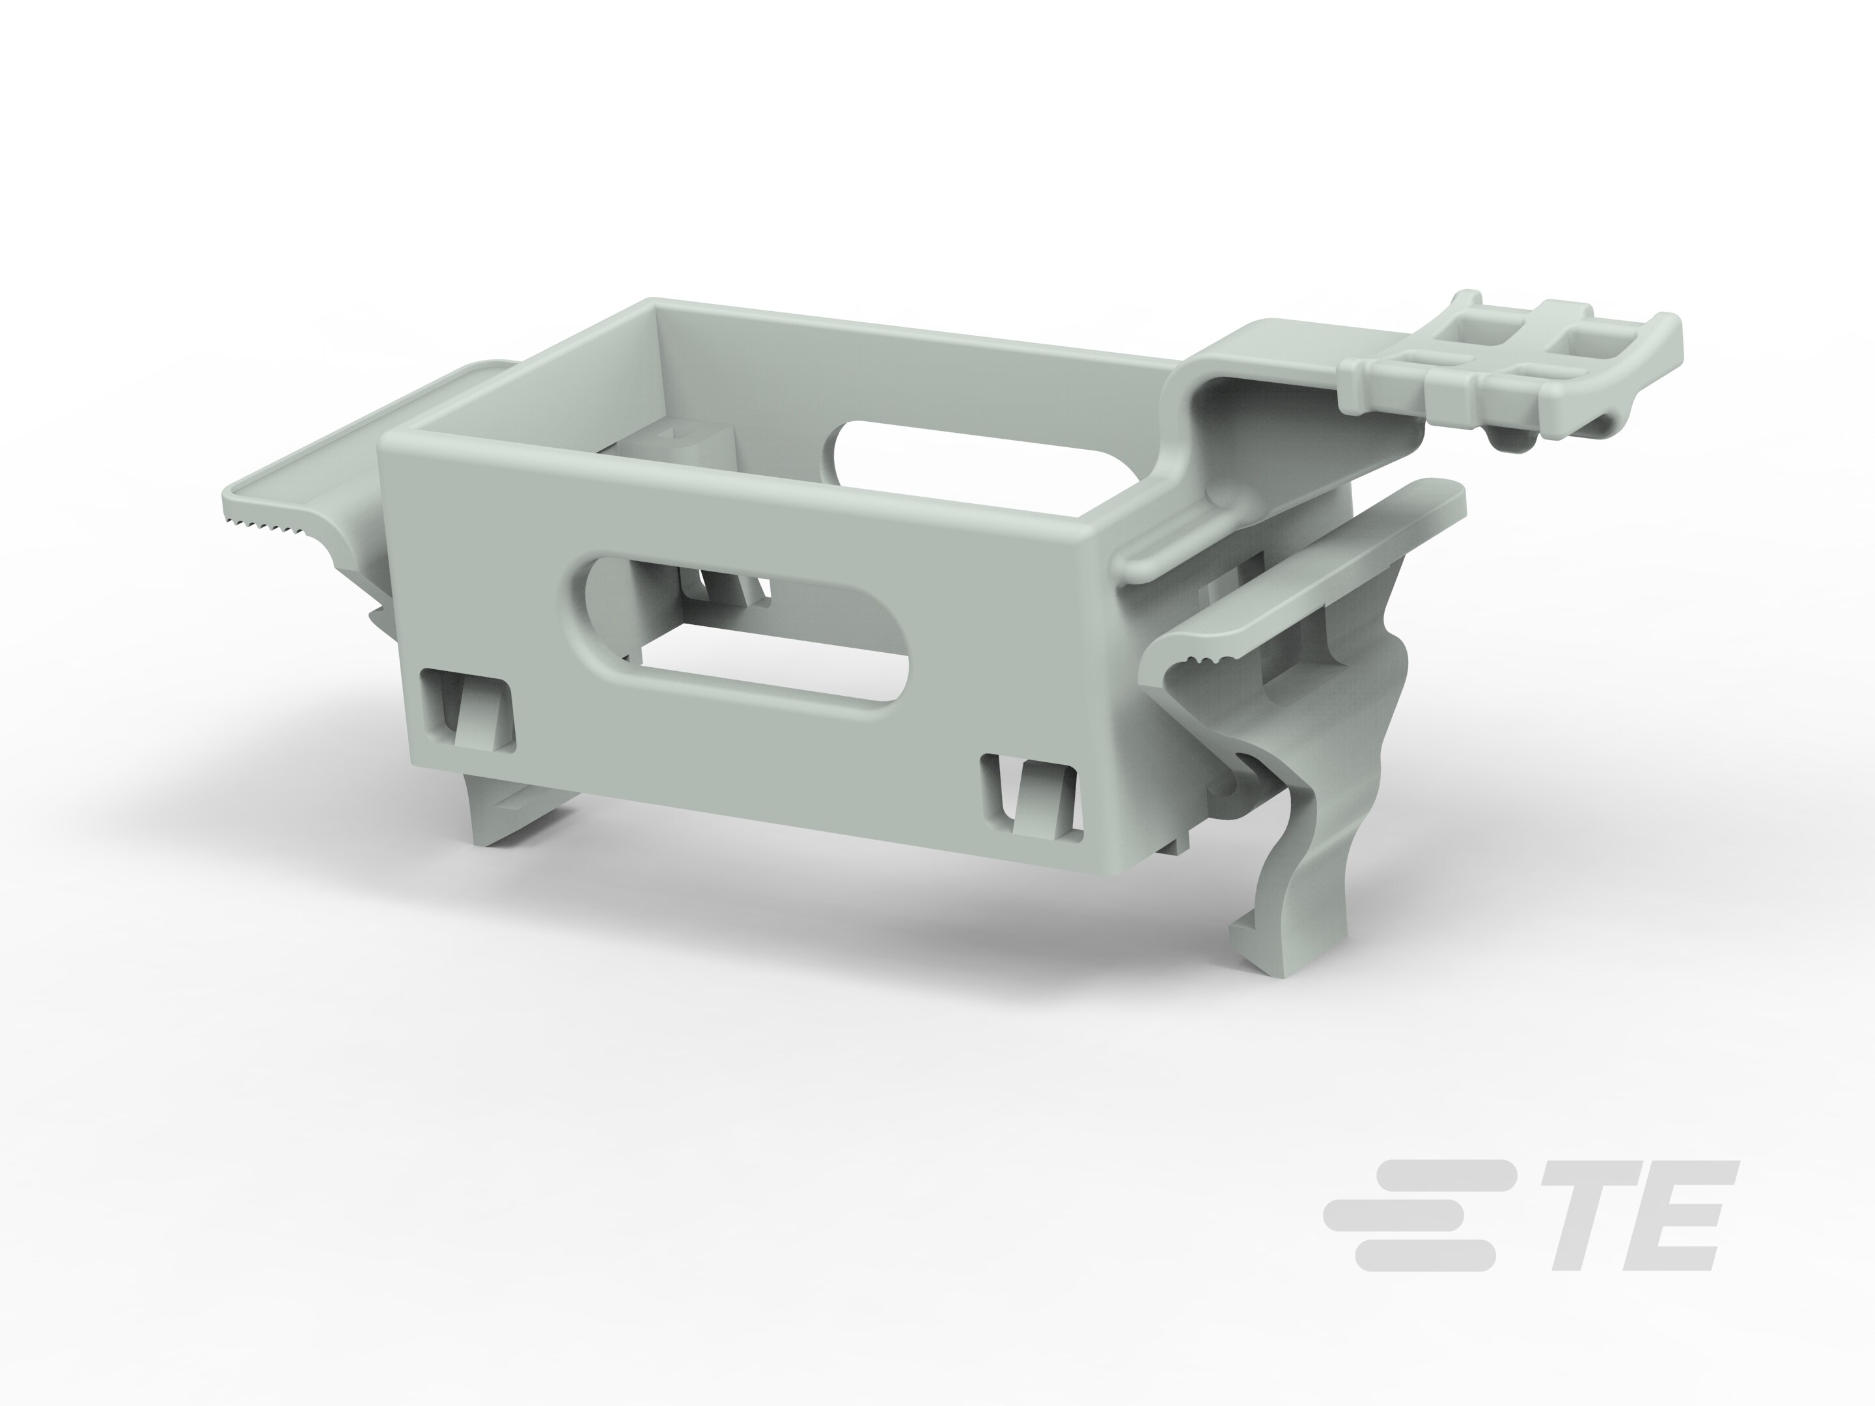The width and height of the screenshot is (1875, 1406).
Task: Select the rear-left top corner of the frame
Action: coord(653,305)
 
